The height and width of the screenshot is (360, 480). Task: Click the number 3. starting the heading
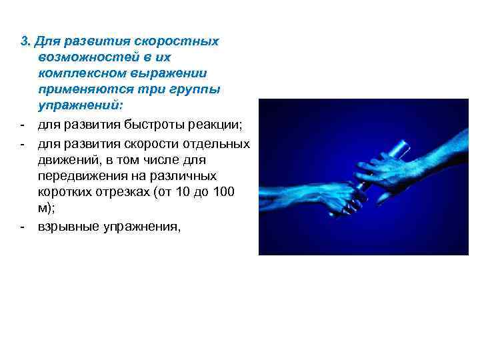click(25, 41)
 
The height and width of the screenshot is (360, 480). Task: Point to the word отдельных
click(217, 145)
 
